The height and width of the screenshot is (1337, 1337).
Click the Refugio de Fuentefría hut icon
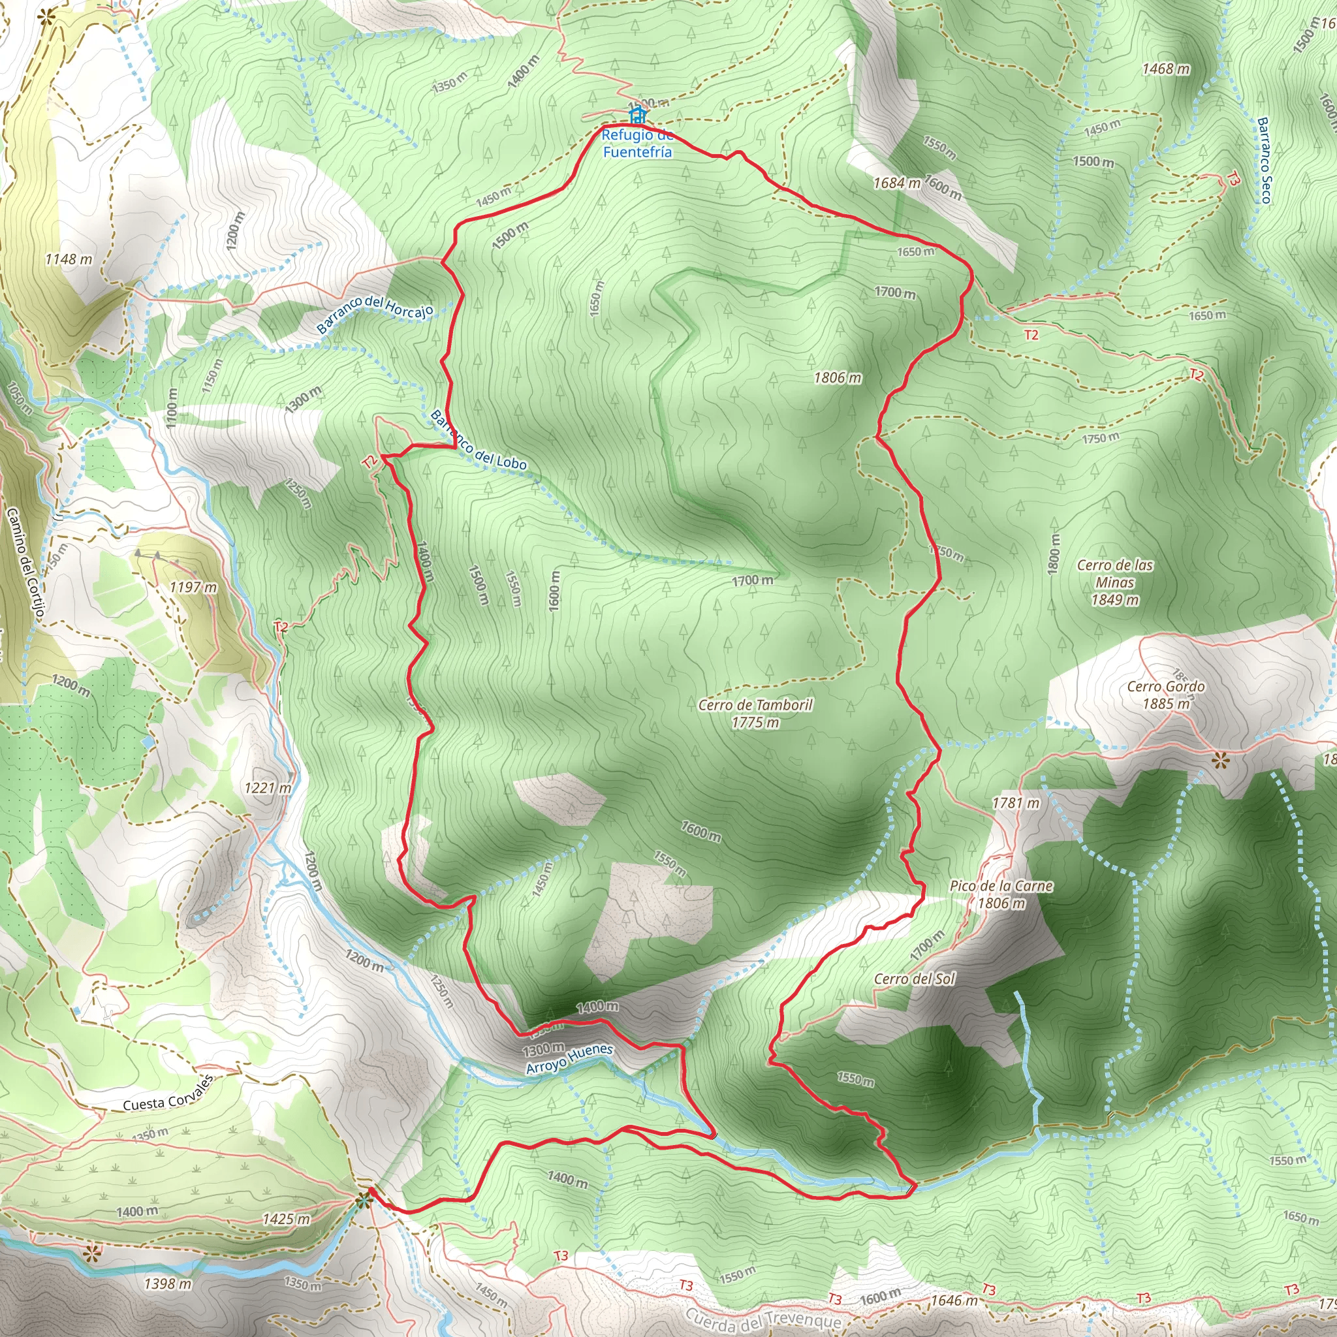click(x=637, y=114)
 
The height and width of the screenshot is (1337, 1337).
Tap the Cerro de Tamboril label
click(x=755, y=713)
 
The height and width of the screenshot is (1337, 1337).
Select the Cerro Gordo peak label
click(x=1166, y=695)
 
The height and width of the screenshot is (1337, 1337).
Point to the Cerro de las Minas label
click(x=1115, y=582)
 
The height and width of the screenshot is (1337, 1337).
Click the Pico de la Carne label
click(x=1001, y=894)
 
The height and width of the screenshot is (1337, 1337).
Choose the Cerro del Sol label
click(x=914, y=979)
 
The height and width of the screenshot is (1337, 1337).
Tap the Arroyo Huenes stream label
click(x=569, y=1059)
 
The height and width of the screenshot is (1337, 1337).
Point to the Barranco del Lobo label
click(x=478, y=440)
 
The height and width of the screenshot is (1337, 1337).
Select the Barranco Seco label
click(x=1264, y=161)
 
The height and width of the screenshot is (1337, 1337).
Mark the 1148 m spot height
click(x=69, y=260)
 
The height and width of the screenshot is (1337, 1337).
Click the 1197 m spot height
click(x=193, y=588)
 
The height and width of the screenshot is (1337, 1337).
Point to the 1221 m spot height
click(x=268, y=787)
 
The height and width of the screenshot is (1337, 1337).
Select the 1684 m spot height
click(x=897, y=183)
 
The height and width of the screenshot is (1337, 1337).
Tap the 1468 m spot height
click(x=1166, y=69)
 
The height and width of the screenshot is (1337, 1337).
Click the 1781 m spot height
click(x=1016, y=803)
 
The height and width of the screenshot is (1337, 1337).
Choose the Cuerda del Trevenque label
click(x=763, y=1319)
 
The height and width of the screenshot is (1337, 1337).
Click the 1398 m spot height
click(x=168, y=1283)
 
